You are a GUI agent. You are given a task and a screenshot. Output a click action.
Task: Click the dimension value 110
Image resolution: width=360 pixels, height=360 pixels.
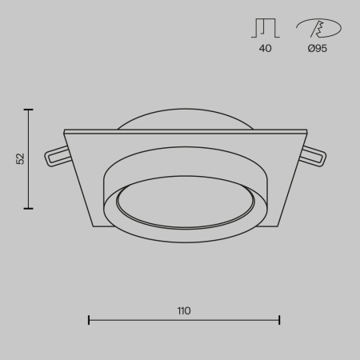pos(184,310)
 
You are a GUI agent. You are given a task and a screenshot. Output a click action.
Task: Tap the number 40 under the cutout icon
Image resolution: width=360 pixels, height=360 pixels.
pos(265,49)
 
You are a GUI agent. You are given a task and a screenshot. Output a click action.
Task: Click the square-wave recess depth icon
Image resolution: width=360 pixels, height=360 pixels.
pos(265,30)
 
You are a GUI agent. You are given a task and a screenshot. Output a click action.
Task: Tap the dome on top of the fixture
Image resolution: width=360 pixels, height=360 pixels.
pos(184,118)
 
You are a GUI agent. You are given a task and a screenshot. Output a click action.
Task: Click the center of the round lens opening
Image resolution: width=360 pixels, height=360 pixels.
pos(184,205)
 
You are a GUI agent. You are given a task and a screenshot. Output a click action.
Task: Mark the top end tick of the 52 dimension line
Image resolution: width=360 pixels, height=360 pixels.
pos(30,110)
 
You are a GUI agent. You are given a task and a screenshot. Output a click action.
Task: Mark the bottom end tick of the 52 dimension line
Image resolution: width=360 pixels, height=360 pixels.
pos(30,208)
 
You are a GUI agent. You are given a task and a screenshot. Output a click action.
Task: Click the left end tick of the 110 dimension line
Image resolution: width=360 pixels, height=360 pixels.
pos(88,320)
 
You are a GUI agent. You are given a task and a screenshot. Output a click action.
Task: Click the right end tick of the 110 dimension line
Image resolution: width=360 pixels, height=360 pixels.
pos(279,320)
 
